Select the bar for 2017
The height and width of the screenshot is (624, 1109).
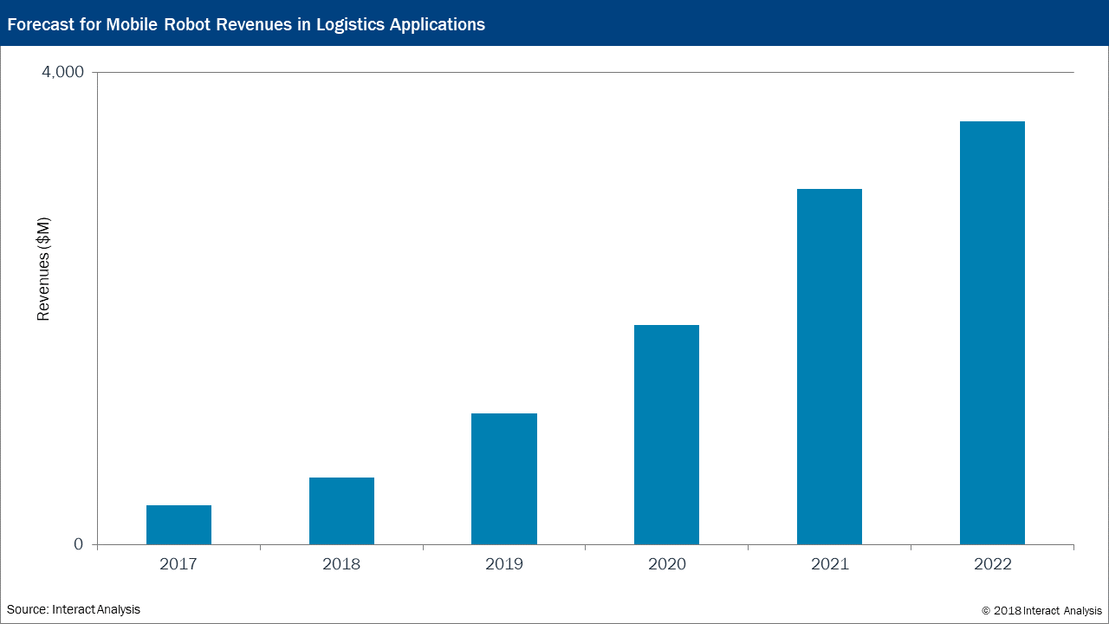(178, 525)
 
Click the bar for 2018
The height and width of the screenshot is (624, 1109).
(341, 511)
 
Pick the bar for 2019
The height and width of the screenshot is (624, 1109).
(504, 479)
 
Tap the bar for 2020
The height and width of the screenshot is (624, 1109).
(666, 435)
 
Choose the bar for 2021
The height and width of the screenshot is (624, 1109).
(829, 367)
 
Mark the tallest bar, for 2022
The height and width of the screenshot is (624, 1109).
(992, 334)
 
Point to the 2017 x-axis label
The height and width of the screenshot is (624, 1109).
(178, 564)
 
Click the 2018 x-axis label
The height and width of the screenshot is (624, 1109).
(341, 564)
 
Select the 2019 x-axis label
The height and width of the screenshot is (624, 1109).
(504, 564)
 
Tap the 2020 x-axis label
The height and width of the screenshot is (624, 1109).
(667, 564)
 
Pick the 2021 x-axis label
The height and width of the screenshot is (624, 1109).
(830, 564)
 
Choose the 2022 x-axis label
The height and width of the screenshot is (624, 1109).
(993, 564)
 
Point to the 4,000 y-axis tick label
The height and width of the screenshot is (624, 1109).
(63, 72)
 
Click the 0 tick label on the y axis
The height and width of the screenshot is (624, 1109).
(78, 544)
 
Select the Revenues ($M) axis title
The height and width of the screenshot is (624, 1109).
(43, 269)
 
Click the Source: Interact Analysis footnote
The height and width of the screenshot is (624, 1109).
(74, 609)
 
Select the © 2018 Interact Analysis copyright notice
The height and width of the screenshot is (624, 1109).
(1041, 611)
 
